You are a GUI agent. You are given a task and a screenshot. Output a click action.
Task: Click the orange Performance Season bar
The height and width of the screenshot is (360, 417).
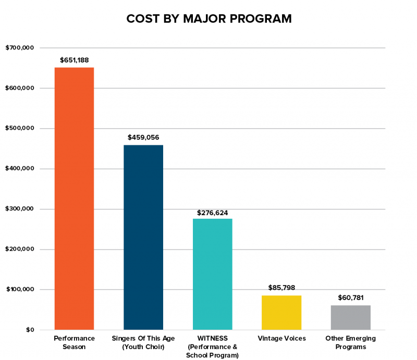[x=74, y=198]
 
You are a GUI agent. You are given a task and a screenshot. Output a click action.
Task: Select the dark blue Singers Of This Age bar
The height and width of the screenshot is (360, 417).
[x=143, y=237]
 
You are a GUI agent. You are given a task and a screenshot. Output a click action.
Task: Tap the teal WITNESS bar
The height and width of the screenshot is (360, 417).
[x=213, y=274]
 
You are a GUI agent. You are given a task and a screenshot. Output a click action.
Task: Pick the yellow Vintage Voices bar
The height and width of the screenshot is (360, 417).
[x=281, y=313]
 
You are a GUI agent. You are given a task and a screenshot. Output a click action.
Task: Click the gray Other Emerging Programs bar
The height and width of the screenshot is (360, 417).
[x=351, y=317]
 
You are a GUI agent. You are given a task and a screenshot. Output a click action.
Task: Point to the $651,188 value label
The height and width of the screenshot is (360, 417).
[x=74, y=60]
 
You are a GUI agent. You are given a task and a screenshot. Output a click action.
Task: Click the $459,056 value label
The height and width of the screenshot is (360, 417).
[x=143, y=138]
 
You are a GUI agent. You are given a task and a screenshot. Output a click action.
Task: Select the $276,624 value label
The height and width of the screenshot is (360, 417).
[x=213, y=213]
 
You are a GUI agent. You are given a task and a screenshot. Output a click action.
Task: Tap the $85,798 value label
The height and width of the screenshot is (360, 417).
[x=281, y=288]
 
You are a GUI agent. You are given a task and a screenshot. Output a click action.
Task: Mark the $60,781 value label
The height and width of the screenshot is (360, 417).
[x=351, y=297]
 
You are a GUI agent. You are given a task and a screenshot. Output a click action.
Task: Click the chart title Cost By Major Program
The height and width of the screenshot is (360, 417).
[x=208, y=19]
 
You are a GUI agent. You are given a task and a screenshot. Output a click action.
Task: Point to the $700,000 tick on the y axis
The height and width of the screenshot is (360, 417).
[x=20, y=48]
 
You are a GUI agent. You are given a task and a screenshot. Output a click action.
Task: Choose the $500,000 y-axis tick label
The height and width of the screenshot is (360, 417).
[x=20, y=129]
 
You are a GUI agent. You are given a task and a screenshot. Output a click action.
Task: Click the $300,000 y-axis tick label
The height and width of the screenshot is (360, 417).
[x=20, y=209]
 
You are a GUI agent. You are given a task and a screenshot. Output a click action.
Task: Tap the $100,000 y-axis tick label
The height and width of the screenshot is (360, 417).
[x=20, y=290]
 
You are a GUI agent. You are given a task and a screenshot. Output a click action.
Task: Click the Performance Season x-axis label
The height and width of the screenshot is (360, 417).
[x=74, y=343]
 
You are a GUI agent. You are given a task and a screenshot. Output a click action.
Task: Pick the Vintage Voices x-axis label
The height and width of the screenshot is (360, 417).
[x=281, y=339]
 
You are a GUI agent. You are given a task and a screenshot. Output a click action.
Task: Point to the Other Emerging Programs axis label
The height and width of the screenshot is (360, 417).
[x=351, y=343]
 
